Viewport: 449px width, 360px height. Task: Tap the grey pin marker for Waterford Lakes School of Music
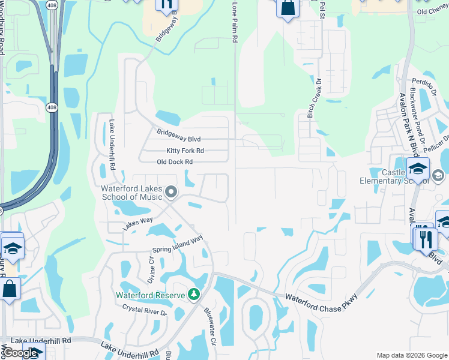(171, 193)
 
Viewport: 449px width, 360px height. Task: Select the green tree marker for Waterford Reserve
(193, 294)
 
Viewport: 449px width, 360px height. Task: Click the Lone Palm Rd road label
(235, 23)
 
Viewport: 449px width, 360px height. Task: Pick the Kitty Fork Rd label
(185, 151)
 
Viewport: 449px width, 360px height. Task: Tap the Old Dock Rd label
(174, 162)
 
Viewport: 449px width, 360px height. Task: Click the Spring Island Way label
(177, 245)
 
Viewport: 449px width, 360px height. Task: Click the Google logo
(19, 353)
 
